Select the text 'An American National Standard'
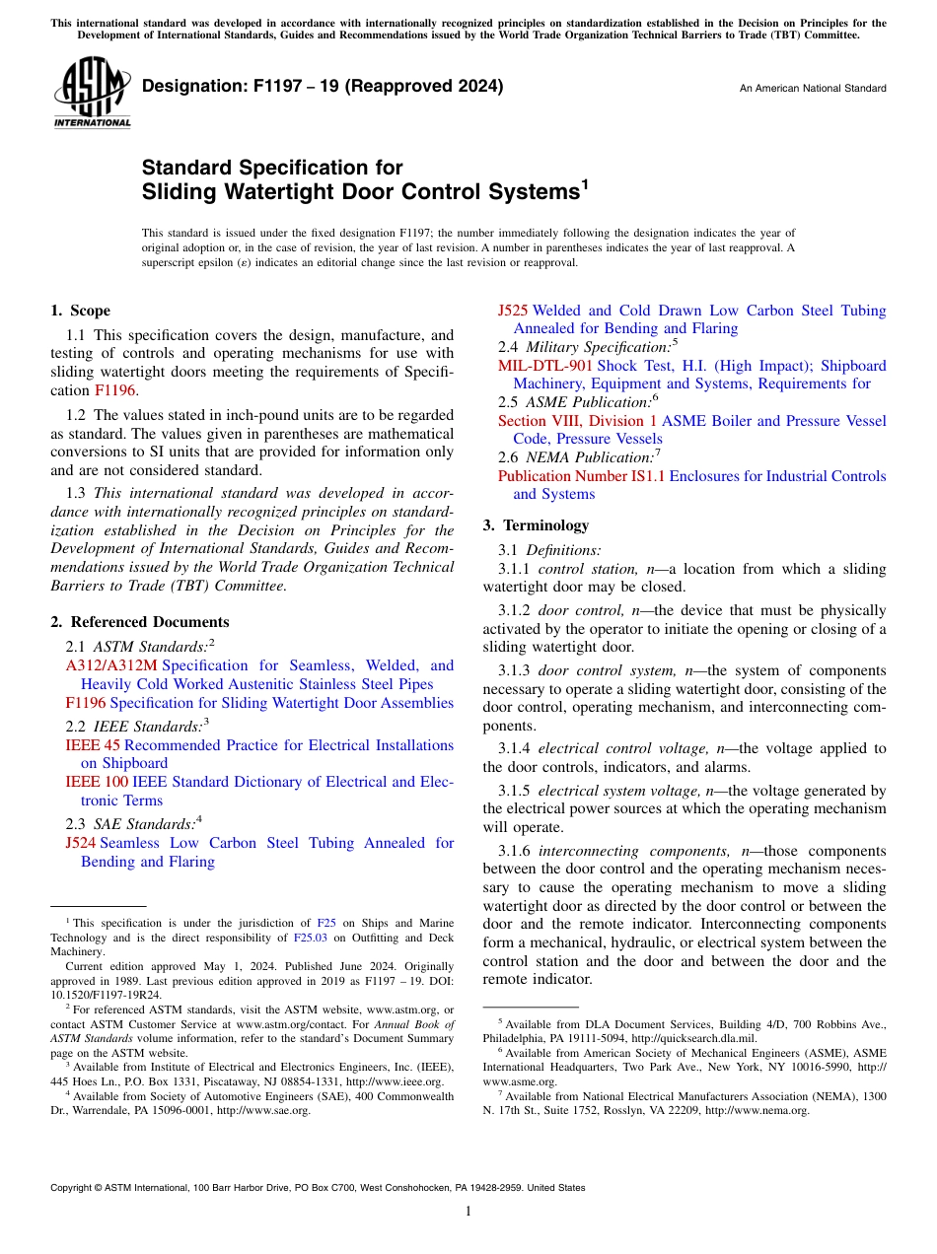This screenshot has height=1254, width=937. (813, 89)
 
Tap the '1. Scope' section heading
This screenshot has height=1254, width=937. (80, 311)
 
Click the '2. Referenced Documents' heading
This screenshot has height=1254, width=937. (139, 622)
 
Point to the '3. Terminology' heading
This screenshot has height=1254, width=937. (536, 525)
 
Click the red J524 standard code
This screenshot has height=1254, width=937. (80, 843)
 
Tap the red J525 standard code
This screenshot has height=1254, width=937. (513, 311)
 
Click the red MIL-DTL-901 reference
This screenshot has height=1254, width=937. (545, 366)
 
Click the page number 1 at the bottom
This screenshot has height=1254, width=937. (468, 1212)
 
